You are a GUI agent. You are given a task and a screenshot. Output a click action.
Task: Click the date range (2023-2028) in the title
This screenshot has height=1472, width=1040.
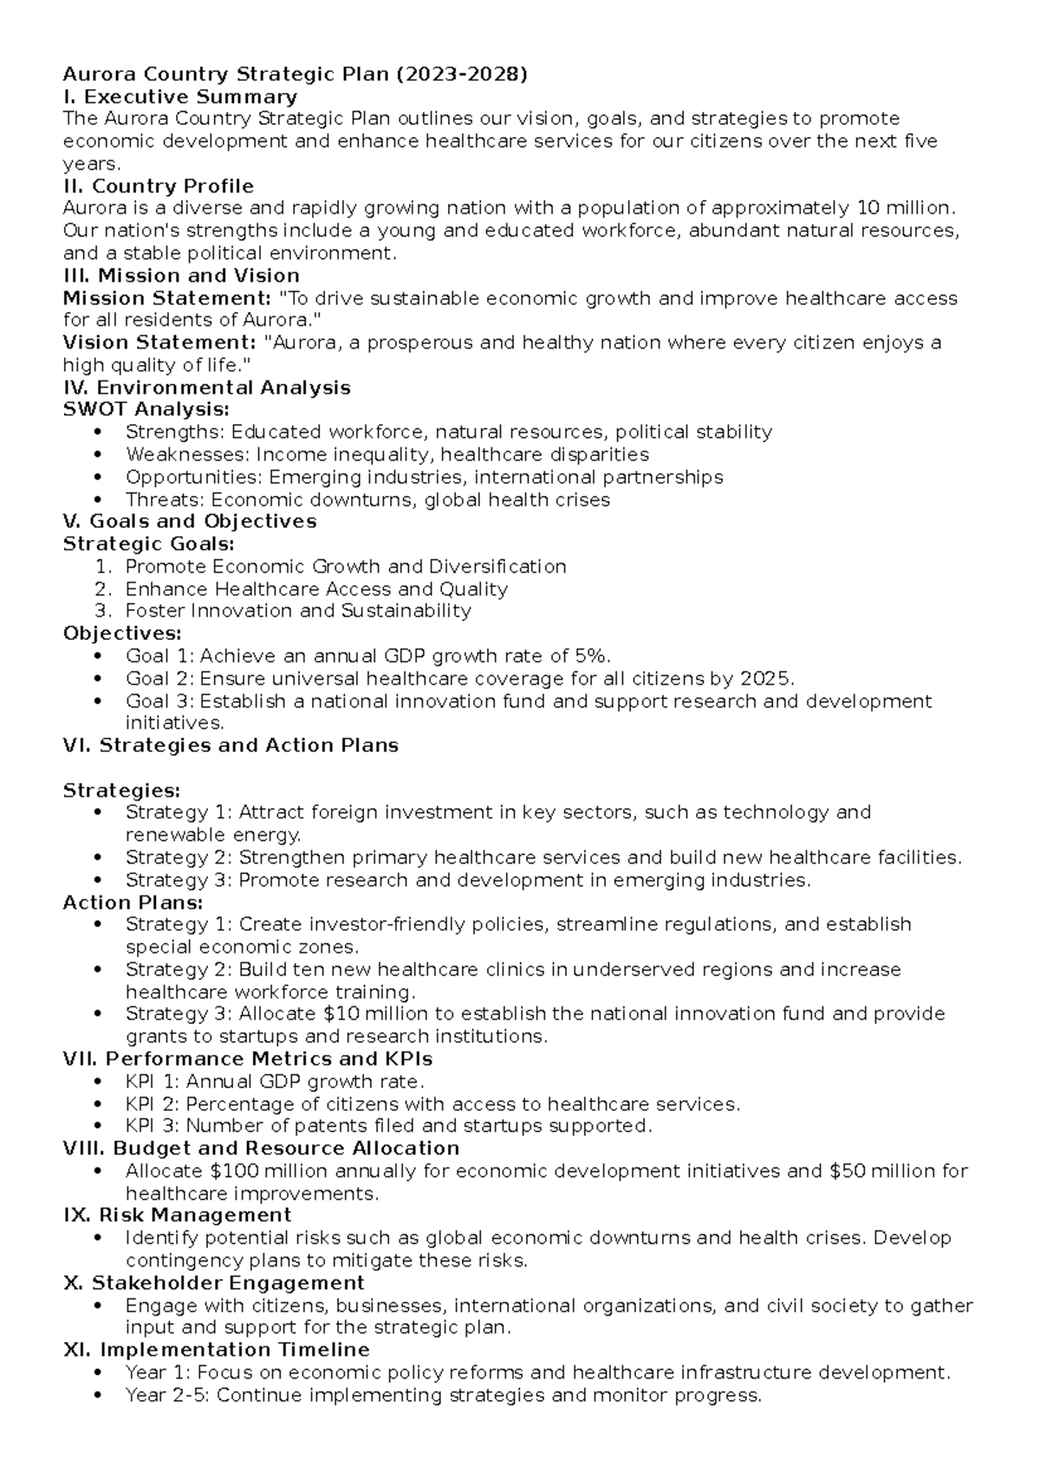coord(461,75)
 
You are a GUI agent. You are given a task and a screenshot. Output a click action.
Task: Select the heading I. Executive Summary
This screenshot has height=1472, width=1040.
coord(180,97)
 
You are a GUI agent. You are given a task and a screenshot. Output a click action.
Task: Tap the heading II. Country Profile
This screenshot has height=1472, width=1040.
coord(159,186)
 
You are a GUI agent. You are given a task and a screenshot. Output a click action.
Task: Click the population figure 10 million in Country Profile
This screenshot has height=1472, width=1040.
coord(903,208)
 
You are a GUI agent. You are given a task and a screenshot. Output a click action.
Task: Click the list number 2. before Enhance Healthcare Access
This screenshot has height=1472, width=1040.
coord(104,589)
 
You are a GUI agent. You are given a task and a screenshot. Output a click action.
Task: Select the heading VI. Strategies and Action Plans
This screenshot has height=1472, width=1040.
coord(231,746)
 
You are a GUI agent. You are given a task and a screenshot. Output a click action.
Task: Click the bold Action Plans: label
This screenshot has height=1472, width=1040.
coord(133,903)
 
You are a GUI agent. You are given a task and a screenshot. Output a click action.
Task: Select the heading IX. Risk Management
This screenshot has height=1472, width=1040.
coord(178,1215)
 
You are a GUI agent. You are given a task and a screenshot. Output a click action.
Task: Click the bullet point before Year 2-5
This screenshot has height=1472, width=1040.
coord(101,1396)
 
